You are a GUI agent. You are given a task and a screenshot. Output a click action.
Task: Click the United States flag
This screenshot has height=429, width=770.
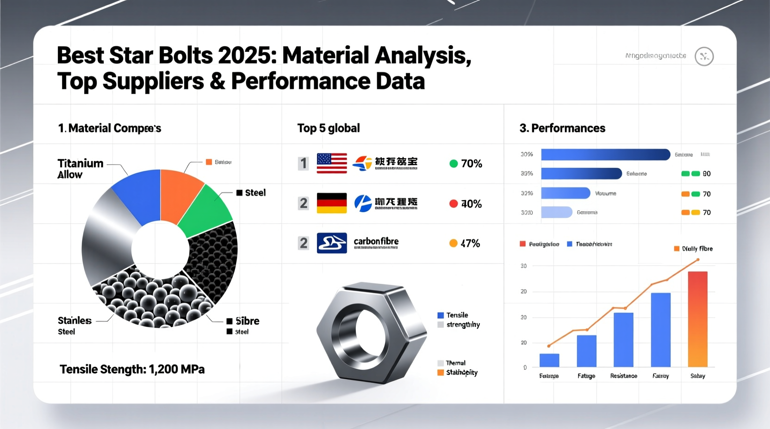tap(332, 163)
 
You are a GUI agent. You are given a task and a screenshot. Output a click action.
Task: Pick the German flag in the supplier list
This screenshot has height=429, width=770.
tap(332, 203)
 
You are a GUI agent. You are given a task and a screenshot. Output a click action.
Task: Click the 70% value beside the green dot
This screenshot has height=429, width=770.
tap(472, 164)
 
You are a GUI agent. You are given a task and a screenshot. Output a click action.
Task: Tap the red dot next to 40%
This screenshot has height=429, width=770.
tap(453, 204)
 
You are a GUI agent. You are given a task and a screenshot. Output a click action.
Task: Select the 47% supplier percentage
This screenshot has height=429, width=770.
tap(470, 244)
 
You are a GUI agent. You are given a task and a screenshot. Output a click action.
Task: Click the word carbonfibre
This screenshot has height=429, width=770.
tap(376, 241)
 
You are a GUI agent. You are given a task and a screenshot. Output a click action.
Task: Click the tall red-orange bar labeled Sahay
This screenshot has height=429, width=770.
tap(697, 319)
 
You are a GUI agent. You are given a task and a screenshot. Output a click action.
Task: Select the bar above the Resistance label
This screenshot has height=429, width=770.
tap(623, 340)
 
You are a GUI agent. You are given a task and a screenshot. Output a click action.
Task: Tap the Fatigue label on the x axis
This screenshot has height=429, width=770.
tap(586, 376)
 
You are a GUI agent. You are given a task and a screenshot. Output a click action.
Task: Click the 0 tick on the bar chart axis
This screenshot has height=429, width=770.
tap(525, 368)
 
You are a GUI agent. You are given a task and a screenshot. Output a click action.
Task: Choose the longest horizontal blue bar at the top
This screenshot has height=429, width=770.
tap(605, 154)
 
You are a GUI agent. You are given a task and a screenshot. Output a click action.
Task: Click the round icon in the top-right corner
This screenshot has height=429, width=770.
tap(704, 56)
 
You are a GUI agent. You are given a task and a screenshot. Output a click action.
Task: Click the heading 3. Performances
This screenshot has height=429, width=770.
tap(562, 128)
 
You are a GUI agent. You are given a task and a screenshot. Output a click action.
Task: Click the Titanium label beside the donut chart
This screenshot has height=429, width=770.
tap(80, 164)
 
